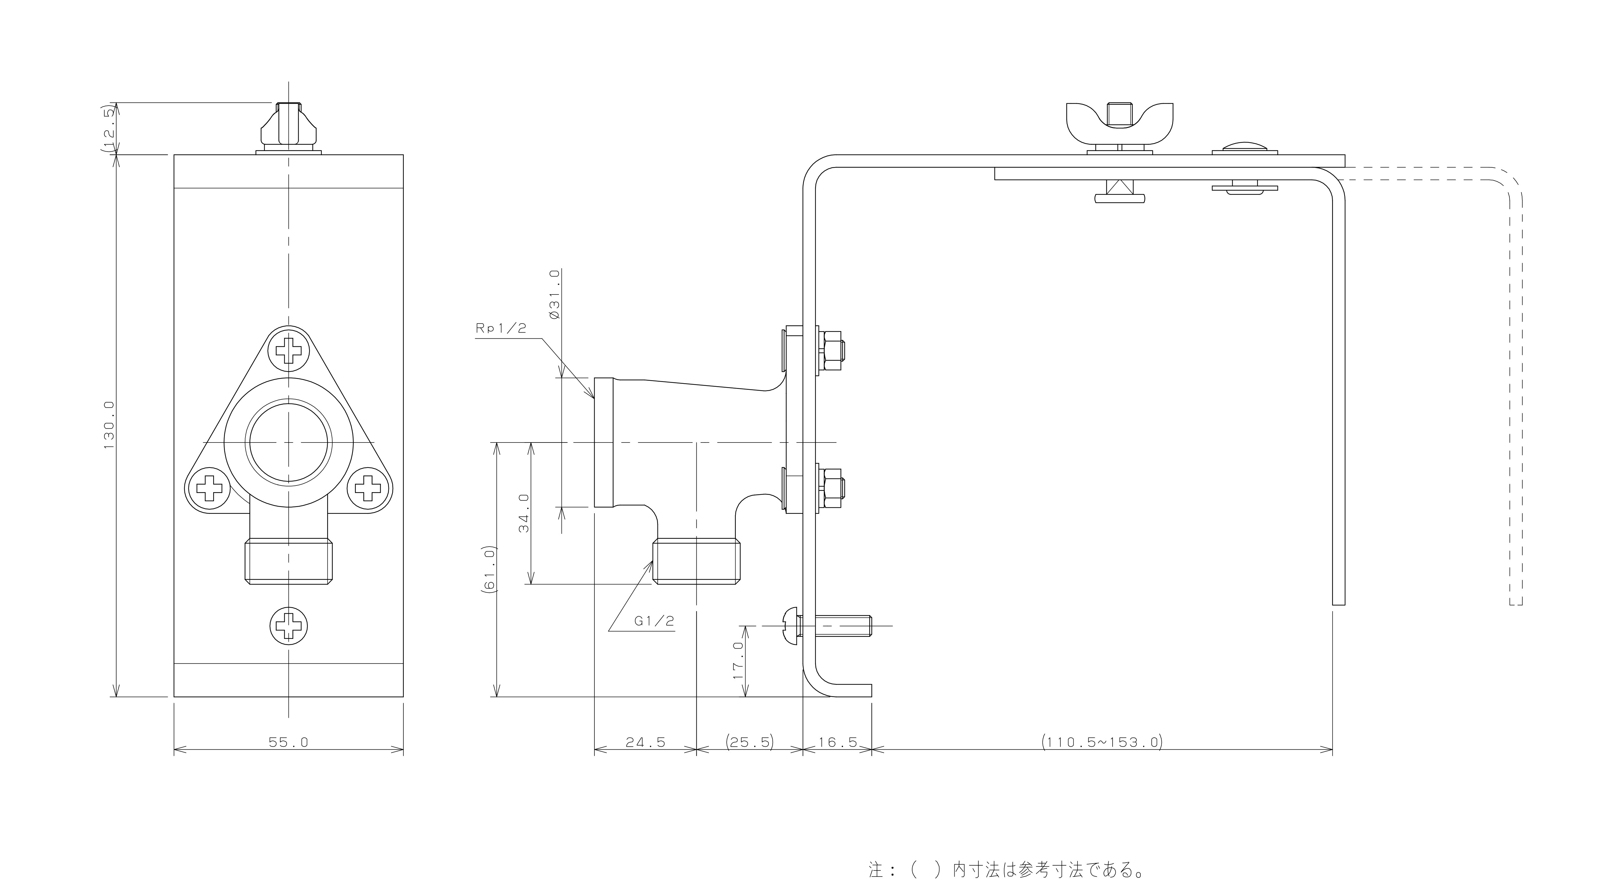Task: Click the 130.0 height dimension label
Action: [110, 425]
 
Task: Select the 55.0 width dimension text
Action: [288, 742]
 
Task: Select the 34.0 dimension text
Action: [524, 513]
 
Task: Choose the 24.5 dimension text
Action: [646, 742]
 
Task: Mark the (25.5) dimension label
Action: [749, 742]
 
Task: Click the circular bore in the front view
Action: [288, 442]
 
